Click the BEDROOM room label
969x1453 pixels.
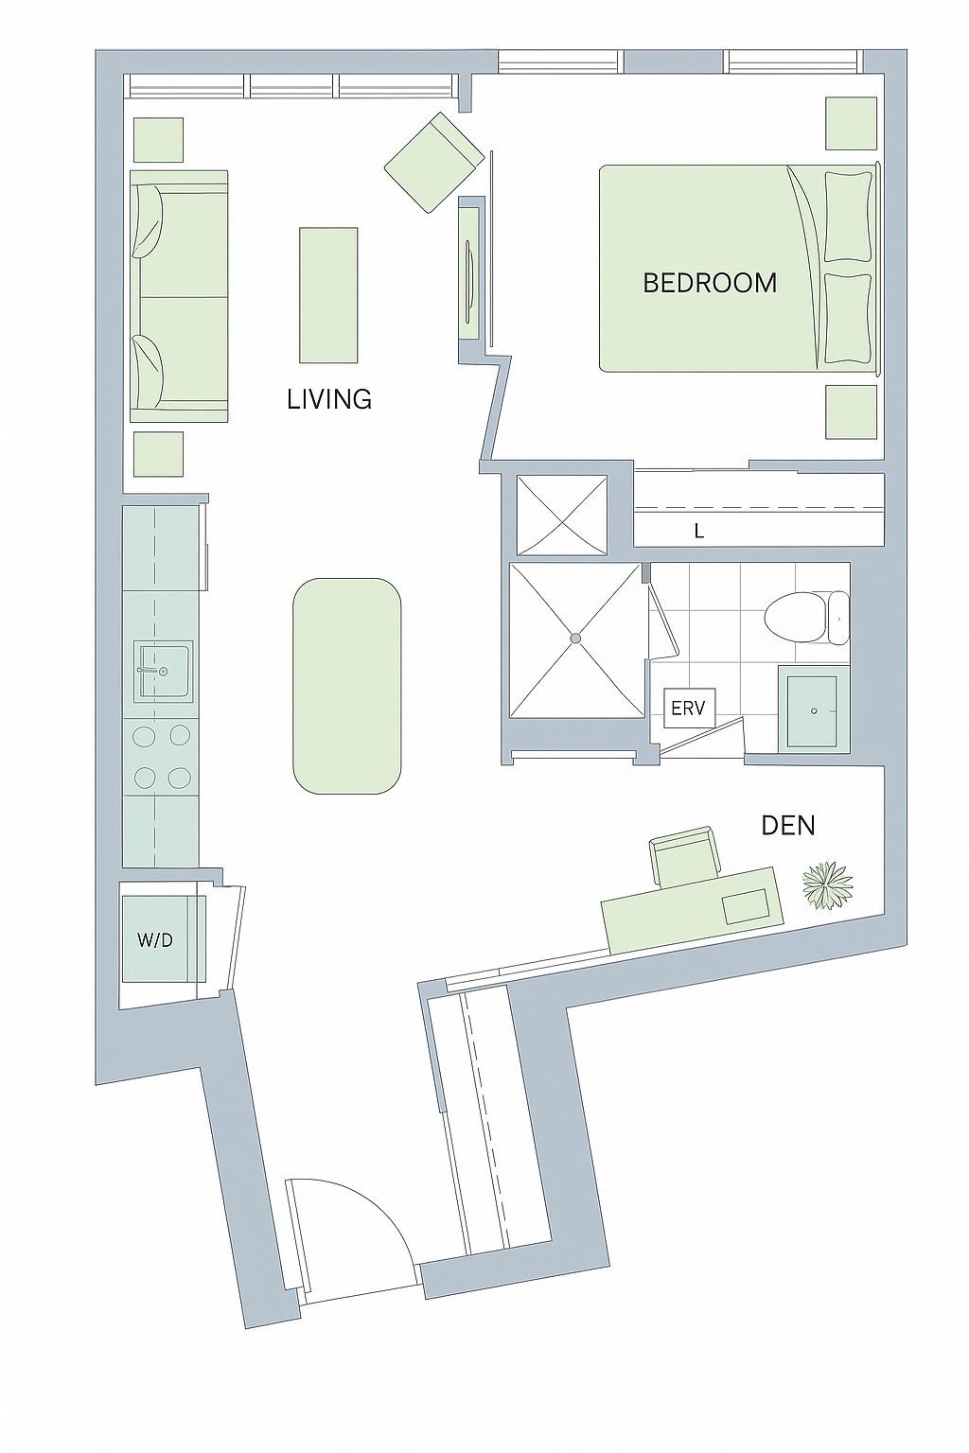[710, 284]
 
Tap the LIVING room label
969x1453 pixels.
[329, 399]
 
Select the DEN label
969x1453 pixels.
[788, 826]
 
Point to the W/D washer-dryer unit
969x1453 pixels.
[164, 940]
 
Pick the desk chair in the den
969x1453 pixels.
[685, 855]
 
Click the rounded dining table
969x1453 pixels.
[346, 686]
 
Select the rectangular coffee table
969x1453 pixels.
[328, 294]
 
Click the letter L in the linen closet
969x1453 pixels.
[699, 532]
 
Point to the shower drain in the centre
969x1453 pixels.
[575, 639]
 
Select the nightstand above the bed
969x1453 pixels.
[852, 123]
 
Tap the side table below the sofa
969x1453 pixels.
[158, 456]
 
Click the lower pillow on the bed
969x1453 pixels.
[848, 318]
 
